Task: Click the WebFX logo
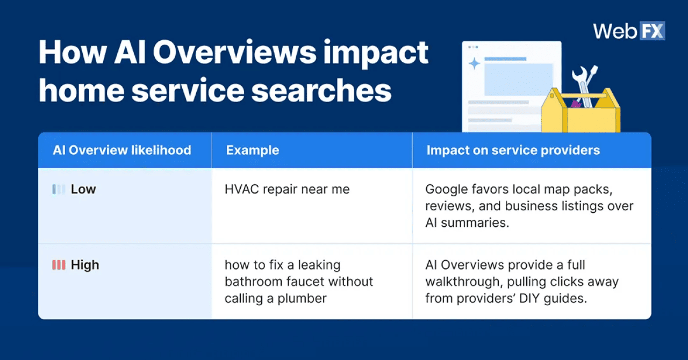click(x=628, y=31)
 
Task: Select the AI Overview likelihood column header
click(x=122, y=150)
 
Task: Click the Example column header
click(x=252, y=150)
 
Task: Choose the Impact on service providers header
click(x=513, y=150)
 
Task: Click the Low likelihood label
click(x=83, y=189)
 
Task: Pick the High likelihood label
click(x=85, y=265)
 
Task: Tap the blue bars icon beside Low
click(x=59, y=189)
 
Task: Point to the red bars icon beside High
click(x=59, y=265)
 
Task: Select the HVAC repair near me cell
click(x=287, y=189)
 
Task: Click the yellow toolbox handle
click(x=580, y=96)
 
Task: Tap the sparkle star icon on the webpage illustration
click(x=475, y=64)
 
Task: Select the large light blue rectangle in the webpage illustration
click(x=518, y=80)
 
